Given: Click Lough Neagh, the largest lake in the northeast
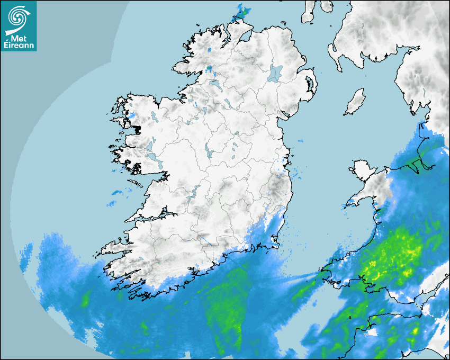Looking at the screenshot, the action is pyautogui.click(x=275, y=73).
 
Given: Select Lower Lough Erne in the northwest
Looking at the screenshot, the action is pyautogui.click(x=216, y=85).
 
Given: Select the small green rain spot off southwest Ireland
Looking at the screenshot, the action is pyautogui.click(x=85, y=301).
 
